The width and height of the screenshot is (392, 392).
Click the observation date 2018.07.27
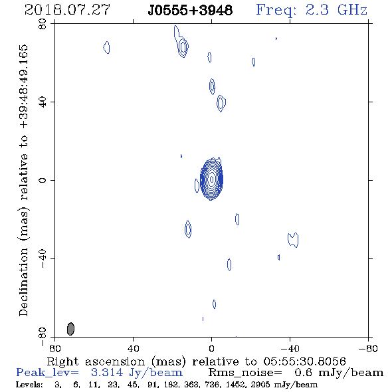[x=67, y=10]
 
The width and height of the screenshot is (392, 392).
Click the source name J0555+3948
[x=190, y=11]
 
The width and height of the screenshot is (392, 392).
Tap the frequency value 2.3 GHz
[x=336, y=10]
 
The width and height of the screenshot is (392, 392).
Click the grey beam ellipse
[x=70, y=329]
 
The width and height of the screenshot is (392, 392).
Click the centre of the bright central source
[x=212, y=179]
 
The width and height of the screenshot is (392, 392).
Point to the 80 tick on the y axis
[x=43, y=24]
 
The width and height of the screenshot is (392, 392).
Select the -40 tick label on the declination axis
[x=43, y=258]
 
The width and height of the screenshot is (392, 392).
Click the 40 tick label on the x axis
[x=133, y=348]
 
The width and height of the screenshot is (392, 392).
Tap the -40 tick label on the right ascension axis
[x=290, y=348]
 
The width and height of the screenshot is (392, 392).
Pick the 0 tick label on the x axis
[x=211, y=348]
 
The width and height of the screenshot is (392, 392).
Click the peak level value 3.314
[x=107, y=373]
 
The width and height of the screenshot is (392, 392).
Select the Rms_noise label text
[x=245, y=373]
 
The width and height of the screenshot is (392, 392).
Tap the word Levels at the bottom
[x=29, y=385]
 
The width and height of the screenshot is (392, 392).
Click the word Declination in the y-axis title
[x=23, y=282]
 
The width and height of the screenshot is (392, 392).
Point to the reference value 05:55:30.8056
[x=304, y=361]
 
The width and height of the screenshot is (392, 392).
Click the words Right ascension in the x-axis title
[x=96, y=361]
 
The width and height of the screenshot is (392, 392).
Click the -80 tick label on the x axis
[x=368, y=348]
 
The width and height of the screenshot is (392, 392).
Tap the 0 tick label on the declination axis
[x=43, y=180]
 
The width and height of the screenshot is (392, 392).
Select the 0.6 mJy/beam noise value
[x=339, y=373]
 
